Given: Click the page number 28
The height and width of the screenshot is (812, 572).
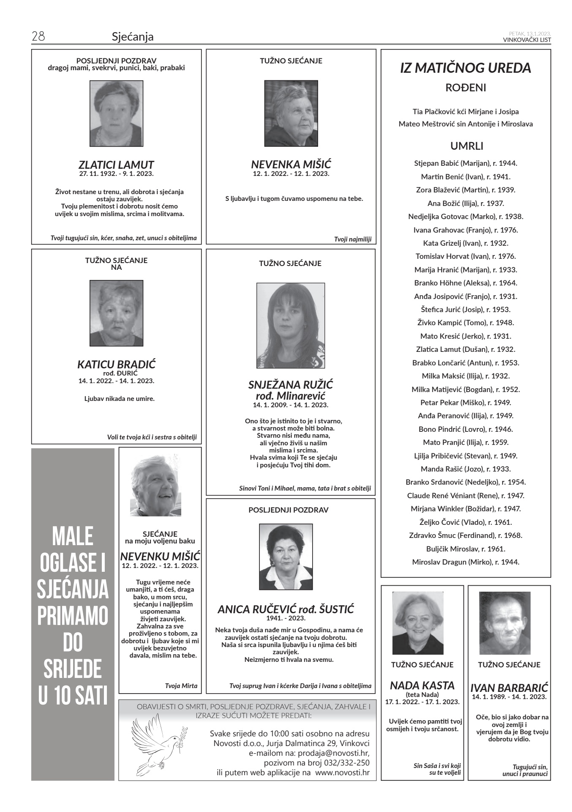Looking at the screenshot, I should point(38,36).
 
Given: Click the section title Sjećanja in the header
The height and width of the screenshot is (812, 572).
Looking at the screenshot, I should point(133,37).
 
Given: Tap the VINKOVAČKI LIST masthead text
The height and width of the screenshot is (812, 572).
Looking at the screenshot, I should point(527,40).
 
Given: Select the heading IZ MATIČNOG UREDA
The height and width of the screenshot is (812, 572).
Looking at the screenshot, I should point(466,68).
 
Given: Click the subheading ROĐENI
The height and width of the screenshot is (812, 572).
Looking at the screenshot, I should point(466,88).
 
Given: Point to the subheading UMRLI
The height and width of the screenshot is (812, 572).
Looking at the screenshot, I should point(466,146).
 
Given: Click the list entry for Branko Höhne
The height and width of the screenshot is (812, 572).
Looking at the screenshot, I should point(466,283).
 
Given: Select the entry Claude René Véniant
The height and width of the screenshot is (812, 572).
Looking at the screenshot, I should point(466,495).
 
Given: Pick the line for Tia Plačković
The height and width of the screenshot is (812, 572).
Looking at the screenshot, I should point(466,112).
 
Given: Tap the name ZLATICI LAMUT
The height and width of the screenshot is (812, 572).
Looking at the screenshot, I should point(116,165).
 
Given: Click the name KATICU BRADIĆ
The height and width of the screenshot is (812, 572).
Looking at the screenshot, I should point(116,364).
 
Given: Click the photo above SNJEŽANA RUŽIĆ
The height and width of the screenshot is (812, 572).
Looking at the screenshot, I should point(291,326).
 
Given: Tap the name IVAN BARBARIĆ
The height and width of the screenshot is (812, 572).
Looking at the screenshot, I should point(509,688).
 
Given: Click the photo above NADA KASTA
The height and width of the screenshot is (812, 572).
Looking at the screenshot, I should point(418,623).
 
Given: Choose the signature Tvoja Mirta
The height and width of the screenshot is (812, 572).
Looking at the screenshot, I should point(181,686).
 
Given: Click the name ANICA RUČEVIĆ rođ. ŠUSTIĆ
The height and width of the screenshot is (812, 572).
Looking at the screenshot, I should point(286,609).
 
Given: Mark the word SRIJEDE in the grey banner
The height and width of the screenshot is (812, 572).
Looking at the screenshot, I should point(73,669).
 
